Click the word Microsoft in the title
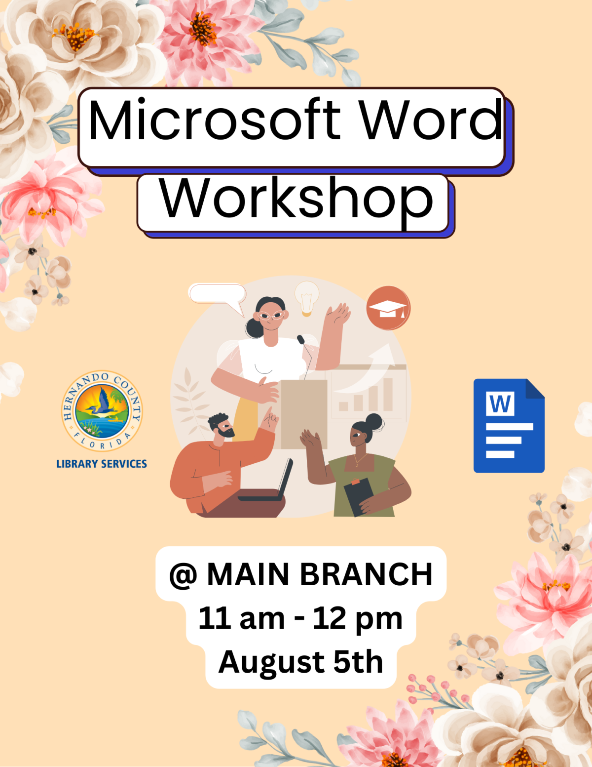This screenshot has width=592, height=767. tap(215, 120)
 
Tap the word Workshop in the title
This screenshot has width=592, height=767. tap(296, 199)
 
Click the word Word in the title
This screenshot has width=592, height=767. tap(430, 120)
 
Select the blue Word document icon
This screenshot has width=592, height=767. tap(509, 426)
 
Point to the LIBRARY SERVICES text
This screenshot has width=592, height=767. tap(102, 464)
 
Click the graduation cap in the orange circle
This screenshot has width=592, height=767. tap(388, 308)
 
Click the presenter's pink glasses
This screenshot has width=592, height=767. tap(271, 316)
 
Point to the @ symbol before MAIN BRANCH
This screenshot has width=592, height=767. tap(183, 575)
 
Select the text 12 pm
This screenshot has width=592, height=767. tap(358, 618)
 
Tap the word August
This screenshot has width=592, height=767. tap(272, 662)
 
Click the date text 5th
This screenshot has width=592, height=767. tap(358, 662)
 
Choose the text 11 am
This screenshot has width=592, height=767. tap(242, 618)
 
